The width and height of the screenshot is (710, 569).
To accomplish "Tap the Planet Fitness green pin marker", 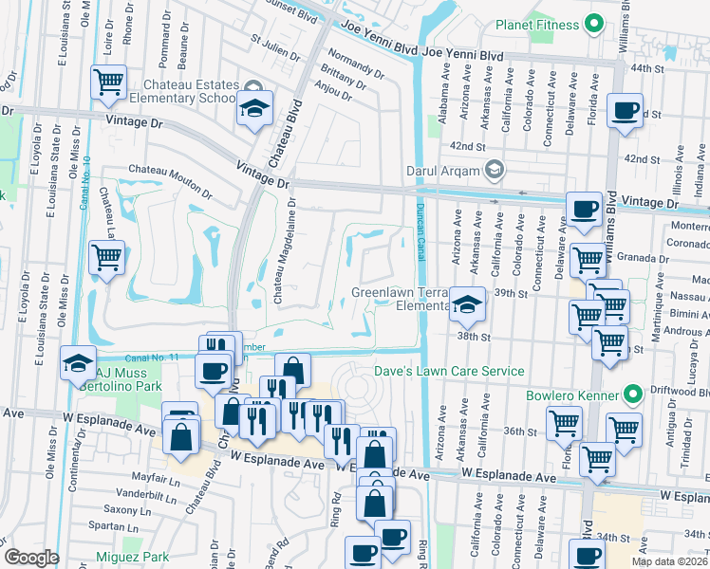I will click(594, 23).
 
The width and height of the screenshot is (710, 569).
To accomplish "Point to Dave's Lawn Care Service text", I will click(448, 371).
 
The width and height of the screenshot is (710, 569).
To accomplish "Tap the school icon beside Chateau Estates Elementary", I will click(254, 109).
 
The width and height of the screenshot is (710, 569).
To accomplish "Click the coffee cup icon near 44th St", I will click(625, 111).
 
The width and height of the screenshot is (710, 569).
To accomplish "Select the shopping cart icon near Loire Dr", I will click(109, 83).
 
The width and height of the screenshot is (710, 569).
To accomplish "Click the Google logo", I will click(31, 558).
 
